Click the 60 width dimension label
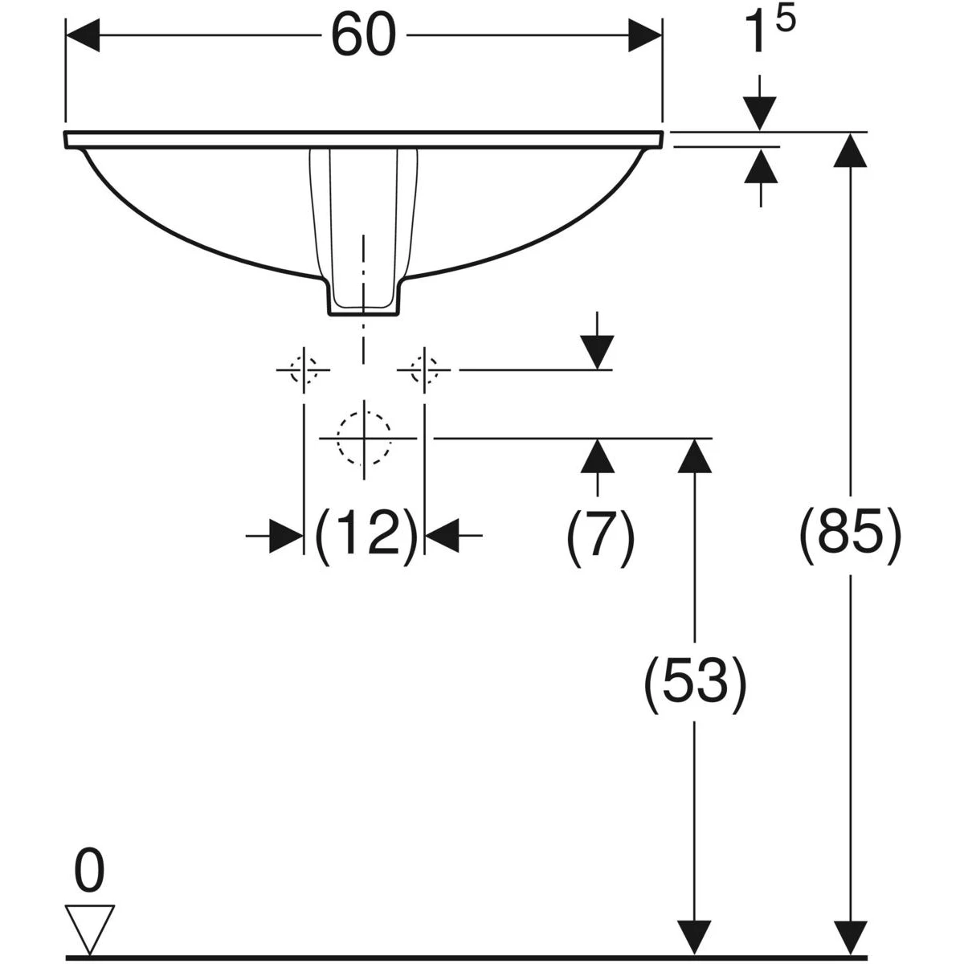(364, 36)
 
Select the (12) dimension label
(366, 537)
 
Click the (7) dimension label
(600, 537)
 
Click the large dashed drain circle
(364, 439)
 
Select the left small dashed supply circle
(304, 370)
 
